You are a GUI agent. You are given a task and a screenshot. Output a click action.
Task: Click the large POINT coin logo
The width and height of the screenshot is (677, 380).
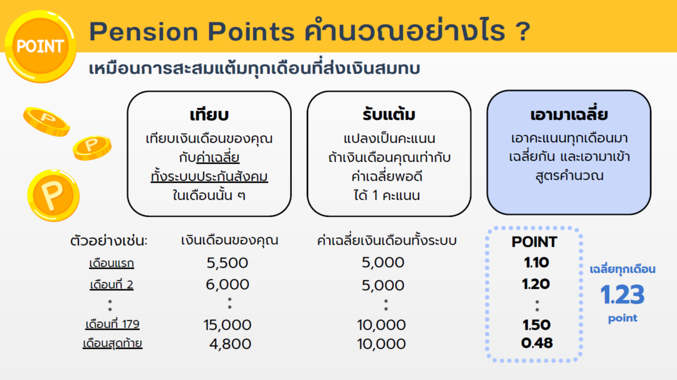40,46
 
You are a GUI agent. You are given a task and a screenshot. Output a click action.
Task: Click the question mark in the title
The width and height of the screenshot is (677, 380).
523,32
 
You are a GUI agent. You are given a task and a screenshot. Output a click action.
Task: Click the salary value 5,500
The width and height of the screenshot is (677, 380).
227,263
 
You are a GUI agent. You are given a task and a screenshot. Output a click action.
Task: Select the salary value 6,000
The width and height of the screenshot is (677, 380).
227,285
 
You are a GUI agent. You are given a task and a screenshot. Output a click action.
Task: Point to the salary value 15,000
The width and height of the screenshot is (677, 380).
227,325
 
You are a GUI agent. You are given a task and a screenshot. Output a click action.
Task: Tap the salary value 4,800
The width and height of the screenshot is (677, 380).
230,344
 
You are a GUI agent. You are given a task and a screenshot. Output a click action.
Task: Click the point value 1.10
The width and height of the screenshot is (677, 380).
536,263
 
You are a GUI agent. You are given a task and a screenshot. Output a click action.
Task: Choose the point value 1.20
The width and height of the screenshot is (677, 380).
536,284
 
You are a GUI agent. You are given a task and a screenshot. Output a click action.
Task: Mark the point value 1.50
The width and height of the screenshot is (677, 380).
536,325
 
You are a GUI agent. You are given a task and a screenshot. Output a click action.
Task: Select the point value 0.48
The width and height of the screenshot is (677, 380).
537,343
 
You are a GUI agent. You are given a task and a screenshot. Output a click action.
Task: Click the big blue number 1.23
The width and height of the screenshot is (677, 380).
622,295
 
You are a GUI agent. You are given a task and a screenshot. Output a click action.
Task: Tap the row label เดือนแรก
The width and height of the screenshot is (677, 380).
112,263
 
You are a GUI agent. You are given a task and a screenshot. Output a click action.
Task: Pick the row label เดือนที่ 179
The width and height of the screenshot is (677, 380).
112,324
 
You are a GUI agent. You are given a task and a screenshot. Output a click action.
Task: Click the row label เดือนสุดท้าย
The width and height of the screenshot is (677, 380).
112,343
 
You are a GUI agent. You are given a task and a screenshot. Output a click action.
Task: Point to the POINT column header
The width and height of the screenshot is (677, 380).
534,242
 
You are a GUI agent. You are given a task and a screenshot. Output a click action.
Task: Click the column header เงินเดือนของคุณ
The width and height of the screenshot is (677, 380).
230,240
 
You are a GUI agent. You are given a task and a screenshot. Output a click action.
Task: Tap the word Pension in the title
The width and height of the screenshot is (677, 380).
144,32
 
